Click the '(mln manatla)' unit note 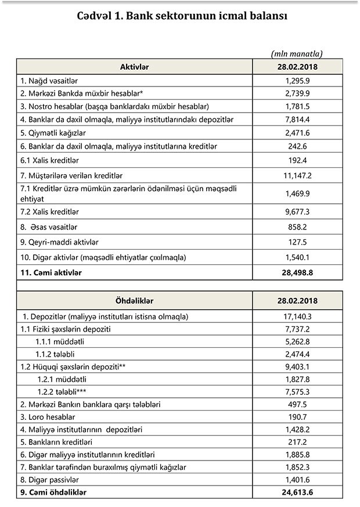coord(297,53)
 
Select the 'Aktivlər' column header coord(134,67)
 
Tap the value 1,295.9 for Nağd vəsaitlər coord(297,80)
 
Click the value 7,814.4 coord(297,120)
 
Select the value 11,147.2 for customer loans coord(297,175)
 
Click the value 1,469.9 coord(297,193)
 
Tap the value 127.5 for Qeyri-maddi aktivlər coord(297,241)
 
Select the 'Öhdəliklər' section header coord(134,301)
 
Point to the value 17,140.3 coord(297,317)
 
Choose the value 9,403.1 coord(297,367)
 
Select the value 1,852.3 coord(297,468)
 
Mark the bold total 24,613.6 coord(297,492)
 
